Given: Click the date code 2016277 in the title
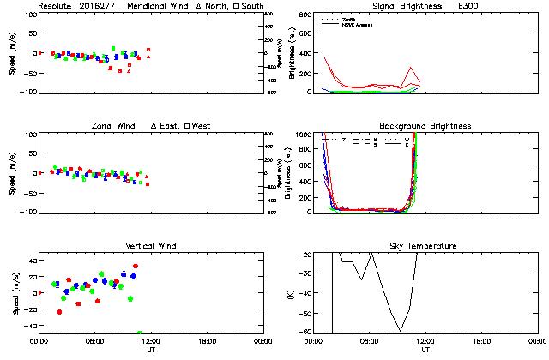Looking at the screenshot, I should point(100,6).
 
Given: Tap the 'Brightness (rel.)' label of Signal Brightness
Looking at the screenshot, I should point(293,53).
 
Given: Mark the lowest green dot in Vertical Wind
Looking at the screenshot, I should point(140,333).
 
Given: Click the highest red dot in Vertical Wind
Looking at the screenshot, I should point(136,266).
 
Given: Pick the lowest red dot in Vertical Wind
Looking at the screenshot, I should point(59,312).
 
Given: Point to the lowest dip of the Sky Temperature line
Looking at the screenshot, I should point(400,331).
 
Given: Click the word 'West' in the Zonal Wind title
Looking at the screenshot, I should point(202,126).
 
